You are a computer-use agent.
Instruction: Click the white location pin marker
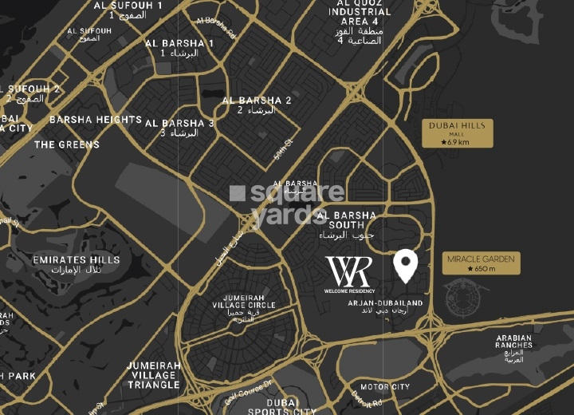[406, 266]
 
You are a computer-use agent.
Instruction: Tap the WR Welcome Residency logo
[348, 275]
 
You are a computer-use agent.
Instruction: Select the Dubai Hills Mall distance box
[457, 133]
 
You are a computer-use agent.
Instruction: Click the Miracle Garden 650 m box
[481, 263]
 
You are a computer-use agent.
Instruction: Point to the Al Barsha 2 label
[257, 105]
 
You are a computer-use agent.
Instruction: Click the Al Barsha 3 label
[179, 128]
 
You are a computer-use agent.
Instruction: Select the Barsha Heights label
[96, 120]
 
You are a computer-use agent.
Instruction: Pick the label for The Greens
[67, 144]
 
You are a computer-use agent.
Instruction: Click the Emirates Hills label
[77, 264]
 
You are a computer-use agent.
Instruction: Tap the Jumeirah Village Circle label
[244, 310]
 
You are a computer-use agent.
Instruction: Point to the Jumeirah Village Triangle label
[153, 375]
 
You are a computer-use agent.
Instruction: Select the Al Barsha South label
[346, 220]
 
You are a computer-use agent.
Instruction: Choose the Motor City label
[385, 387]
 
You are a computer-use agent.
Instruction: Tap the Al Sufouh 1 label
[128, 9]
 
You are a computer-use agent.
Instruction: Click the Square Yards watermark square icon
[237, 193]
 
